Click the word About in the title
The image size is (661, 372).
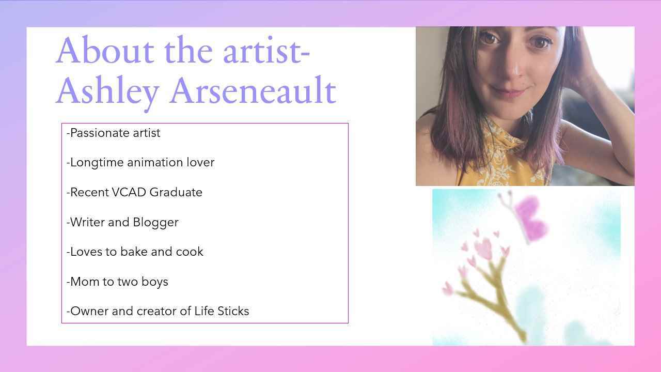pos(105,50)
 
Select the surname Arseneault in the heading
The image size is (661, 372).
pos(253,90)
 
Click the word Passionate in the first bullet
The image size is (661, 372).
pos(100,133)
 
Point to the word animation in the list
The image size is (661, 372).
pos(155,162)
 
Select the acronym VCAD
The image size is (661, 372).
pos(129,192)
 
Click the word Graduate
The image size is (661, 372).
pos(176,192)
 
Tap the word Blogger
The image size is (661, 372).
pos(155,223)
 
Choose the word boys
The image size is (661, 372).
pos(154,282)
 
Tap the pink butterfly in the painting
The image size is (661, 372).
pos(525,216)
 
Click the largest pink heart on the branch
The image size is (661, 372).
pos(484,249)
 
